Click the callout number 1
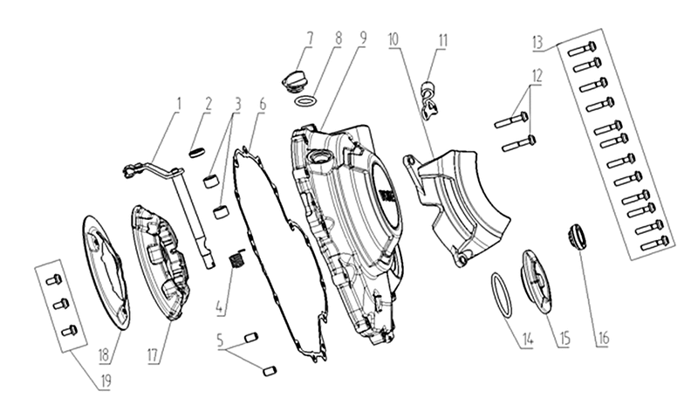pos(179,104)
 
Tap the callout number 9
pos(363,38)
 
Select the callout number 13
pos(537,42)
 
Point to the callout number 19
pos(106,381)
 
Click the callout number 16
pos(603,338)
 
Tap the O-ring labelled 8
pos(305,101)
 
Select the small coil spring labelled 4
pos(236,258)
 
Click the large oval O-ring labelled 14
pos(501,296)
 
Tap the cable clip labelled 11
pos(429,100)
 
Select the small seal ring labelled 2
pos(195,153)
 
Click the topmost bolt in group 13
pos(582,48)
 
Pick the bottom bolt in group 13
pos(654,244)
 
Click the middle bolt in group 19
pos(60,305)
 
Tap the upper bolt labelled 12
pos(511,120)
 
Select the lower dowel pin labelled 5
pos(270,371)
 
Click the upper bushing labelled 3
pos(211,182)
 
